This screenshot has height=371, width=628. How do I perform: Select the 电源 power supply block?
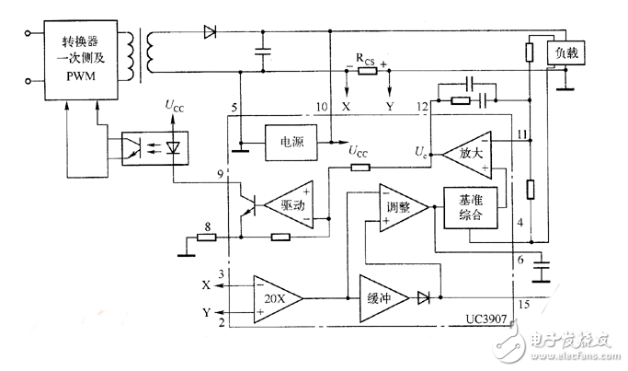point(292,144)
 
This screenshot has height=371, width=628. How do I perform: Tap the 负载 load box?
point(565,53)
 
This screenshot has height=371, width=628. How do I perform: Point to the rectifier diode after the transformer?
point(210,33)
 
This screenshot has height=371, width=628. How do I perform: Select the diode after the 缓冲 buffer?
point(425,298)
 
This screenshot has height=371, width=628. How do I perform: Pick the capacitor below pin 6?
point(543,272)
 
